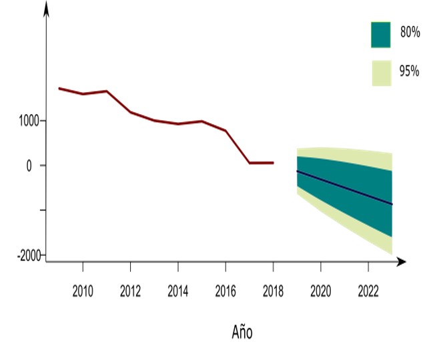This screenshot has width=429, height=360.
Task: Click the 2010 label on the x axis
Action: pos(83,291)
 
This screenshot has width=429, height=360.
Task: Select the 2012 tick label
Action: pos(130,291)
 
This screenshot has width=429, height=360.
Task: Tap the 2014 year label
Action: pos(178,291)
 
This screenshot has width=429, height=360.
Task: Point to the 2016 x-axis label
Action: pos(226,291)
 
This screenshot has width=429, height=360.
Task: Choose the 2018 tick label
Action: pos(273,291)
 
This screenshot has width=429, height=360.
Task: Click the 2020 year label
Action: pos(321,291)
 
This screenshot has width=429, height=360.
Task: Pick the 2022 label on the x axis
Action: pos(368,291)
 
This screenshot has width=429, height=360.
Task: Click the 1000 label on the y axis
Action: pos(29,121)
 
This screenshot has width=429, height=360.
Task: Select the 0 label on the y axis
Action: pos(29,166)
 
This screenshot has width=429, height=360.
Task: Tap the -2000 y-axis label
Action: pos(29,256)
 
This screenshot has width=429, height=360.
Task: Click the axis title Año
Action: pos(242,332)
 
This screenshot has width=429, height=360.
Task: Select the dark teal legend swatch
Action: pos(380,35)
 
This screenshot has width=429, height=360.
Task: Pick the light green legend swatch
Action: pos(382,73)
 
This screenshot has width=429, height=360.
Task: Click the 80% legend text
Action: pos(410,32)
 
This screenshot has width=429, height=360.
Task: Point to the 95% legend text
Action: pos(409,71)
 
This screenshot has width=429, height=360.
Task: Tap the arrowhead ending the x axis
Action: pos(401,262)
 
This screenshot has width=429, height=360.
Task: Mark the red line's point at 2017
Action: pos(250,163)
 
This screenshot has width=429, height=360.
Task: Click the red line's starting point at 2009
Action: pos(59,88)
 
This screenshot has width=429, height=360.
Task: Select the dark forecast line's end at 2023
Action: pos(392,204)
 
